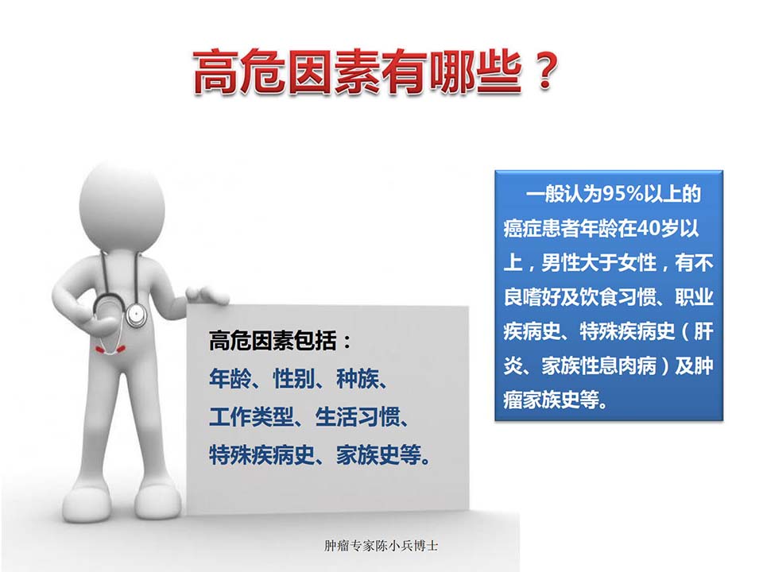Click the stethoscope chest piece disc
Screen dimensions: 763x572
[x=136, y=315]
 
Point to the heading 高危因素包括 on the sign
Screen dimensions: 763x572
[x=273, y=341]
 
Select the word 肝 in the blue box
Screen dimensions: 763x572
[x=703, y=332]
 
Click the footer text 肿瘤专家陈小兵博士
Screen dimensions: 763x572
[x=381, y=545]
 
